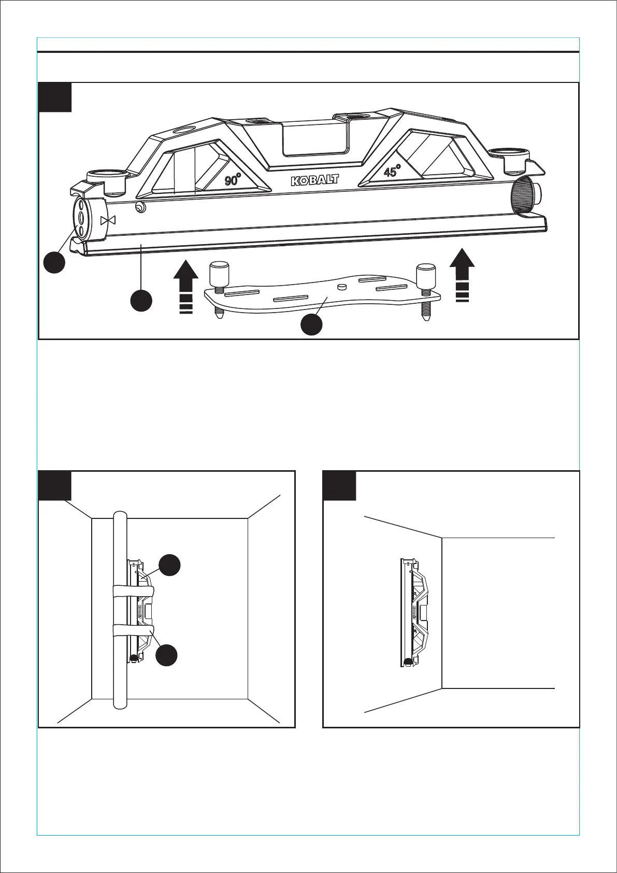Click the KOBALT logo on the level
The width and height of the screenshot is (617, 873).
314,180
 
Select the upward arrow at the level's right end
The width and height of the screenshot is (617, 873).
462,274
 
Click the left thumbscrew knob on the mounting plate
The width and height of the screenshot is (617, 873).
218,273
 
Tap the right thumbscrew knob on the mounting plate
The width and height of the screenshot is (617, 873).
426,273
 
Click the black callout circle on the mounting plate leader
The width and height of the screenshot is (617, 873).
311,325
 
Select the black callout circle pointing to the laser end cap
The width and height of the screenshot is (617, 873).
54,262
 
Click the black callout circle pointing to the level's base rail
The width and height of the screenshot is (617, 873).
141,301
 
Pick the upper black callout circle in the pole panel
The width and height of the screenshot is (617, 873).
169,565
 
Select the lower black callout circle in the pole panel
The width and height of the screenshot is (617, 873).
168,655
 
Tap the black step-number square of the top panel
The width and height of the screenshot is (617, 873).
55,97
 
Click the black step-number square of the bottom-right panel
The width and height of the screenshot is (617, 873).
339,486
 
